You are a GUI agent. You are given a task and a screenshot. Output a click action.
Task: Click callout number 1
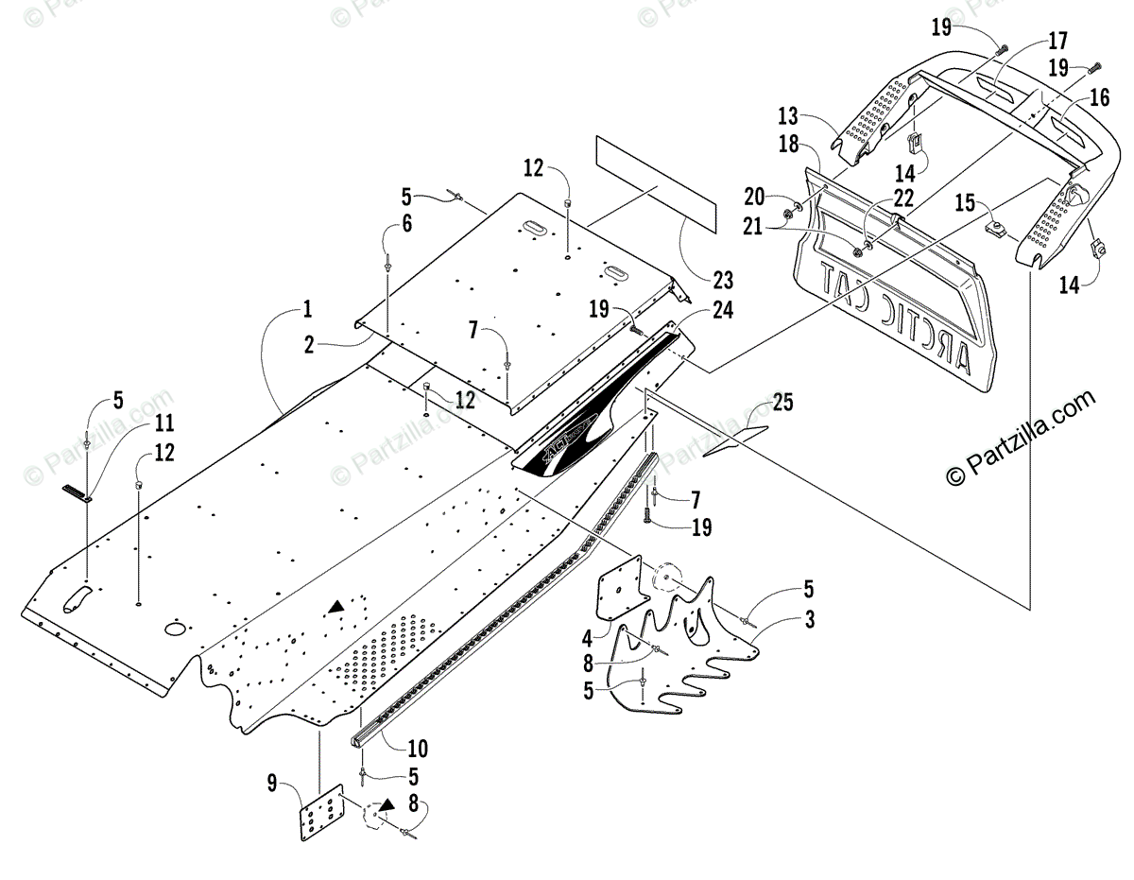tap(307, 308)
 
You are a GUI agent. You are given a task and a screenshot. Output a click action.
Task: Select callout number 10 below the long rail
tap(417, 750)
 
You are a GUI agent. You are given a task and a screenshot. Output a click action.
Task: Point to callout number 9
tap(273, 783)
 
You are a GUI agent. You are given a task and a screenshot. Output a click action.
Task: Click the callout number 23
tap(724, 280)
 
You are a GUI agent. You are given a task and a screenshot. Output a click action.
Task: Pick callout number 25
tap(782, 402)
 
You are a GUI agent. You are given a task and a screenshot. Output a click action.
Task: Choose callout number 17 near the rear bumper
tap(1057, 41)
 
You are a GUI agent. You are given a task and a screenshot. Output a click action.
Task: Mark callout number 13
tap(788, 117)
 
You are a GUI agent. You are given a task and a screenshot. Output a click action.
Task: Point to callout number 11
tap(164, 423)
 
